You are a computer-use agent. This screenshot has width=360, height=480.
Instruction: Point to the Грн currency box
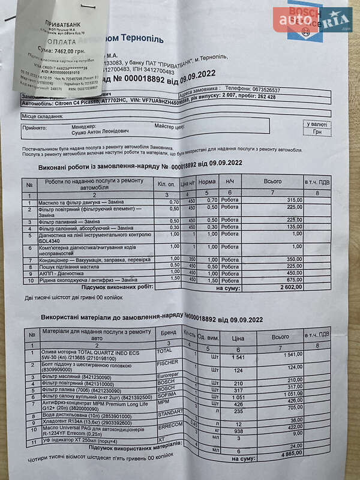[316, 133]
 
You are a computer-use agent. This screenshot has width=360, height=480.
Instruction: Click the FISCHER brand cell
[167, 363]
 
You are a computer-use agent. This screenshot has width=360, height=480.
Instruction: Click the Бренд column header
[167, 332]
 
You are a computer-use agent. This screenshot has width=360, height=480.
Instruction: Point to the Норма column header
[207, 181]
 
